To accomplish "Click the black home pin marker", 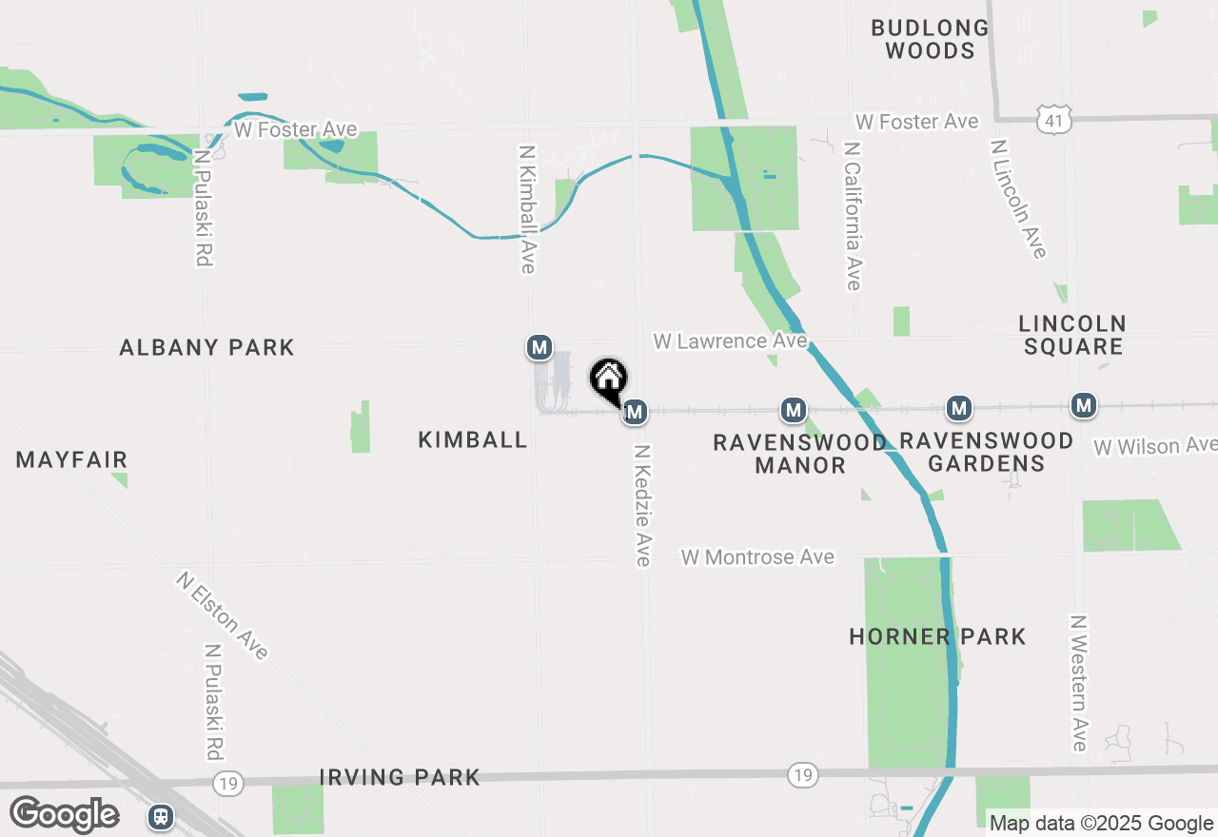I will coord(609,380).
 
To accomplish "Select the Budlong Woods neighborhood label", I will coord(930,39).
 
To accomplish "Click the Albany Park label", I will coord(206,348).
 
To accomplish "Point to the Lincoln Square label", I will coord(1072,335).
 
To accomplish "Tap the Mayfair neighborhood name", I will coord(71,460).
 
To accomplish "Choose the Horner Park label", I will coord(937,636).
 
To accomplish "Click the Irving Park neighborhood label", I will coord(400,778).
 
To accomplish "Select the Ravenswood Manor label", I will coord(799,454).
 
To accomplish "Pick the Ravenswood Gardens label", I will coord(986,452).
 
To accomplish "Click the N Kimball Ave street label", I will coord(527,209).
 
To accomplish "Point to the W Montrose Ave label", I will coord(757,557).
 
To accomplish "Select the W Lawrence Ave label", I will coord(730,341).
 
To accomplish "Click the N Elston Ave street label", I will coord(223,614).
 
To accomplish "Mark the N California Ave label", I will coord(852,217).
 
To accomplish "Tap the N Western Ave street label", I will coord(1078,683).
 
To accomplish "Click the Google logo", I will coord(64,814).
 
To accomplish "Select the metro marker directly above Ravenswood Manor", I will coord(794,410).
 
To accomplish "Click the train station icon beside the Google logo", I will coord(160,816).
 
